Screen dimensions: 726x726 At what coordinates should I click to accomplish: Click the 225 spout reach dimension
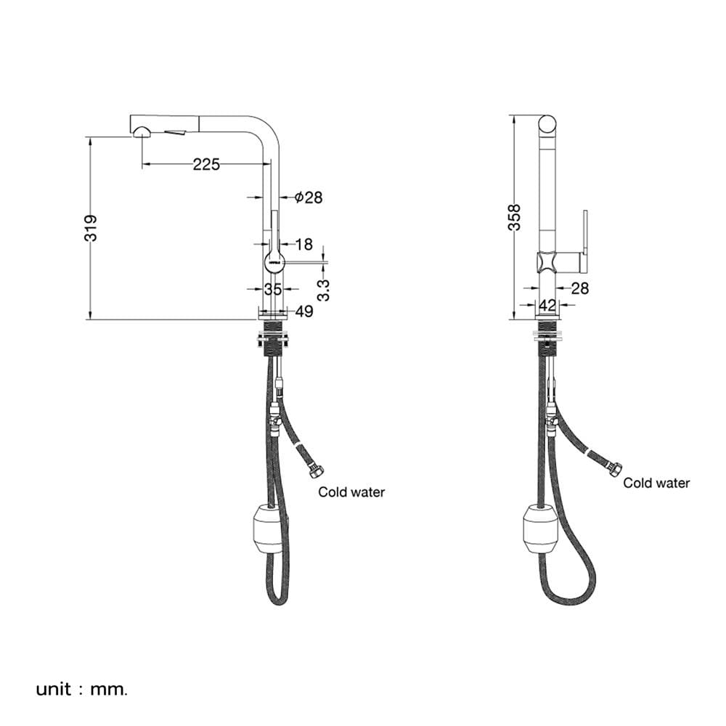pyautogui.click(x=206, y=164)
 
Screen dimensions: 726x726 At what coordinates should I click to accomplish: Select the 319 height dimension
pyautogui.click(x=91, y=227)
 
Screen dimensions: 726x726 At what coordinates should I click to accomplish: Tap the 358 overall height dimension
pyautogui.click(x=515, y=216)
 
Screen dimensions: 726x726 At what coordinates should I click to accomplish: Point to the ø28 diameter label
pyautogui.click(x=309, y=197)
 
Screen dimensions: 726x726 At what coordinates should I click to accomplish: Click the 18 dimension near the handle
pyautogui.click(x=303, y=244)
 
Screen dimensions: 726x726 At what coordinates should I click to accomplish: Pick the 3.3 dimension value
pyautogui.click(x=324, y=290)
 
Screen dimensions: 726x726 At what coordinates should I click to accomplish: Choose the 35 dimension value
pyautogui.click(x=273, y=290)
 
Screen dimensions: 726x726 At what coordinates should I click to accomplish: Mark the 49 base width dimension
pyautogui.click(x=304, y=311)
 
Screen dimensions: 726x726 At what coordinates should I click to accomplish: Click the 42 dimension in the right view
pyautogui.click(x=547, y=305)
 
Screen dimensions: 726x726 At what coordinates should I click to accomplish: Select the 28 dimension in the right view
pyautogui.click(x=579, y=288)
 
